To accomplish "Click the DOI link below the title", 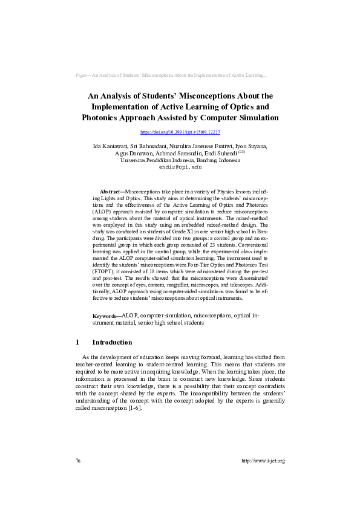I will tap(180, 132).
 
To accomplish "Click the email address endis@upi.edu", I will tap(180, 167).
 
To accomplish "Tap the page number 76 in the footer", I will tap(78, 461).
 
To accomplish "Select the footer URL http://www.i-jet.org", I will tap(263, 461).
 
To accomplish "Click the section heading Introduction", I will tap(112, 342).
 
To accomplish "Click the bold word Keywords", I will tap(106, 316).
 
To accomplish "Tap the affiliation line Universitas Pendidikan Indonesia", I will tap(180, 161).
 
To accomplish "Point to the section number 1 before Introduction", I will tap(77, 342).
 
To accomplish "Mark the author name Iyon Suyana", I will tap(252, 147).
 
